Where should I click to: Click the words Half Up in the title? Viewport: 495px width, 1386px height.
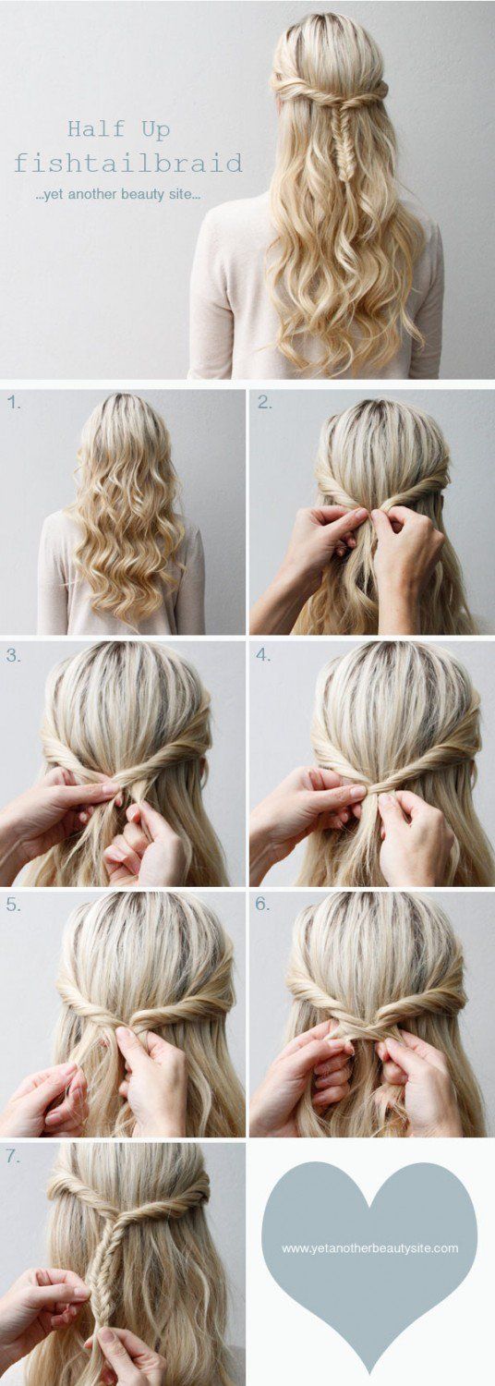click(118, 129)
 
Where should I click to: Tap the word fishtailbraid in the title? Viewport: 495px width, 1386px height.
click(127, 164)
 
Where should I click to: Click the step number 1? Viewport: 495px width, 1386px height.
click(13, 402)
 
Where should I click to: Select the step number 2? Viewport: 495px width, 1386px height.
click(264, 402)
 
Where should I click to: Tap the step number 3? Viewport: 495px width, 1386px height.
click(13, 656)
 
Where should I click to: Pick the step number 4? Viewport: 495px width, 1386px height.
click(264, 656)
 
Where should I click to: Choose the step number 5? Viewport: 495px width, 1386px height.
click(13, 905)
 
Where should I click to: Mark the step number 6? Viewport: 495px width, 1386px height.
click(264, 905)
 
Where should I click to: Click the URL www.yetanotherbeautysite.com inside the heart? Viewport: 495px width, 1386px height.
click(369, 1248)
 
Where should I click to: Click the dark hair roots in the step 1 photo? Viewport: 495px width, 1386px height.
click(125, 407)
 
